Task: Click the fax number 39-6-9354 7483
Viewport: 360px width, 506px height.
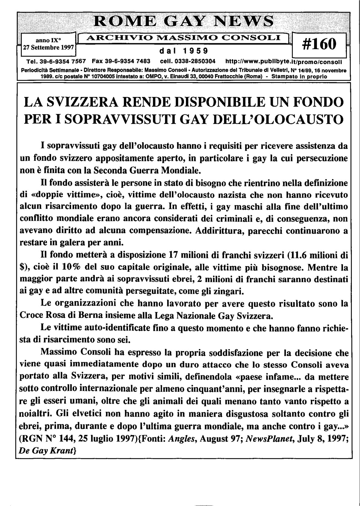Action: [x=121, y=61]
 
